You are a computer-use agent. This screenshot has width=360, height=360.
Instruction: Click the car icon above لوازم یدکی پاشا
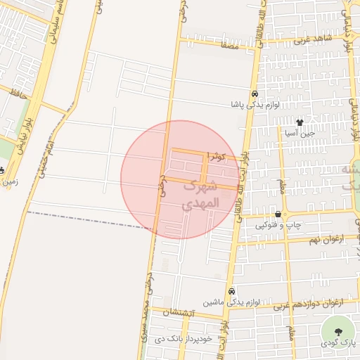point(254,94)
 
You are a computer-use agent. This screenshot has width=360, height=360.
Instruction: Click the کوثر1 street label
point(224,157)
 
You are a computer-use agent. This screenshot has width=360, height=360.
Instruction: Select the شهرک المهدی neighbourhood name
point(201,195)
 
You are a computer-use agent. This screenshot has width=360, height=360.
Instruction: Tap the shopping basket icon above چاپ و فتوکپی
point(279,214)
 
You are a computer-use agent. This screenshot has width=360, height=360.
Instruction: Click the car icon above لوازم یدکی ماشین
point(231,292)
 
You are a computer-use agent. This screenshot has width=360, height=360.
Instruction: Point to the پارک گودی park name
point(337,343)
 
